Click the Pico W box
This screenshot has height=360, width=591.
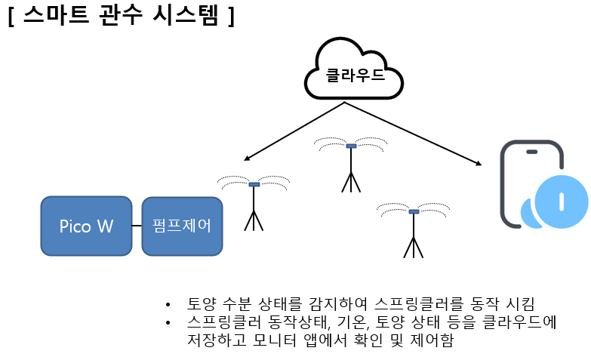click(86, 226)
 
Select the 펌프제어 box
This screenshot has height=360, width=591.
click(182, 226)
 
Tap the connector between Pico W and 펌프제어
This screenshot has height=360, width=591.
click(137, 226)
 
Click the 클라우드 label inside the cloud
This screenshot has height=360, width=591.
click(355, 75)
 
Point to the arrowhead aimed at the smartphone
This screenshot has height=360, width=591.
click(479, 163)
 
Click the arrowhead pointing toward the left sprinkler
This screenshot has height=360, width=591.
click(247, 158)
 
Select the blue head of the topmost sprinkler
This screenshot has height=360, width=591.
click(351, 146)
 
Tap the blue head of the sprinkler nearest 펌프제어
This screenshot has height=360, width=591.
click(254, 184)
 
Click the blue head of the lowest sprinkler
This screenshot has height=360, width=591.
click(414, 211)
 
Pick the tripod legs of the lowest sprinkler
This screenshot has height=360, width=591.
click(414, 248)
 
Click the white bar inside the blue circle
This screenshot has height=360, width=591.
click(562, 202)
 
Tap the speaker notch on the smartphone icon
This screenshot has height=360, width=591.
click(532, 152)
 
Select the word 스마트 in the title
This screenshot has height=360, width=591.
click(56, 14)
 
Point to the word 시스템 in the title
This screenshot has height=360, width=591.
click(186, 14)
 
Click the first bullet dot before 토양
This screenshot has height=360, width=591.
click(168, 304)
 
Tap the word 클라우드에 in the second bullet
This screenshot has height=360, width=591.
click(520, 322)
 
